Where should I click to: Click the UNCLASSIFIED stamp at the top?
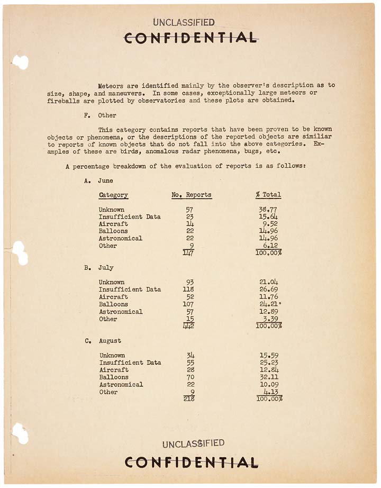pos(184,22)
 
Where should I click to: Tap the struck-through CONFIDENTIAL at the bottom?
pos(191,462)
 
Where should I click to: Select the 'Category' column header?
pos(113,195)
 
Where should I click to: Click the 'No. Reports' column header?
pos(192,195)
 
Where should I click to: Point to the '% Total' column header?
pos(268,195)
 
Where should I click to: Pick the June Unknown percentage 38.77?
pos(268,210)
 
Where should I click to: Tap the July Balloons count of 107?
pos(188,304)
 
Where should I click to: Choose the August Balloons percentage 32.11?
pos(268,377)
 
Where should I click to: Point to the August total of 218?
pos(189,399)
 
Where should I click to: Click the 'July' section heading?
pos(106,268)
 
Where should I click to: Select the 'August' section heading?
pos(110,341)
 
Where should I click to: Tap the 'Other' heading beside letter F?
pos(107,115)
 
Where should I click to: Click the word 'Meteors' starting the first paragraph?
pos(111,85)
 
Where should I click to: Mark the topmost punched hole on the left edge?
pos(20,62)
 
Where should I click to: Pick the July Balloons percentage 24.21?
pos(268,304)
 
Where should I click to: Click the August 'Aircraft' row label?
pos(114,370)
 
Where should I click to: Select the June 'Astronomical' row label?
pos(121,238)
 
